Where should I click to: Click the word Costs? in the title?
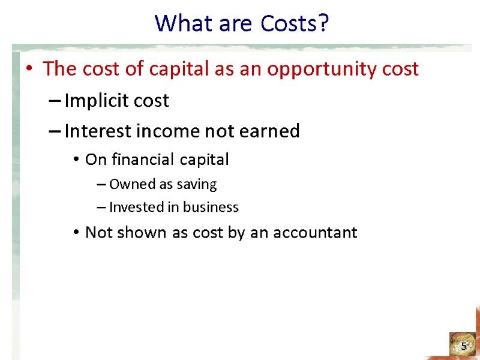295,23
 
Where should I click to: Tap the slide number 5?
464,346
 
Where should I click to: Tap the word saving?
199,184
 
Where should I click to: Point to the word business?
211,208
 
